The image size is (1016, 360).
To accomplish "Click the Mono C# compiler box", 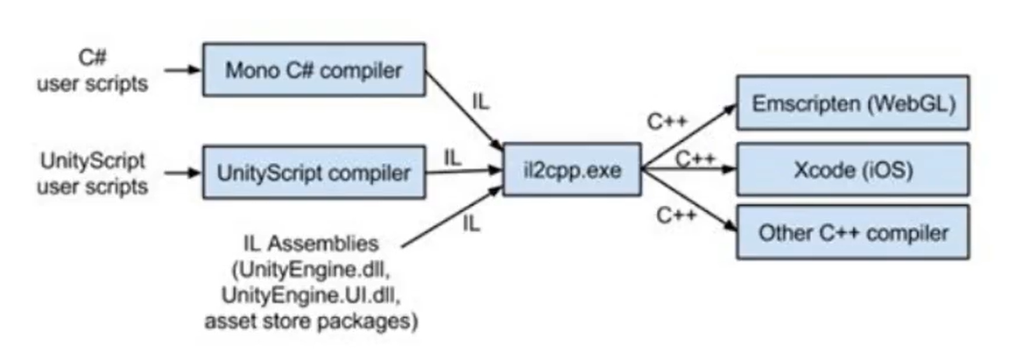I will click(x=314, y=70).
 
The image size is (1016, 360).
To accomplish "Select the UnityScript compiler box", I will click(x=314, y=173).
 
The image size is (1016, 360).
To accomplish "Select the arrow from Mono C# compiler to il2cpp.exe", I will click(x=464, y=109).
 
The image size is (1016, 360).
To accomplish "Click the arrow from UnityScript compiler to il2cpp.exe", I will click(x=463, y=172).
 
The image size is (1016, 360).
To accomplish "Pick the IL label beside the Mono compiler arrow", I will click(x=482, y=102).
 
